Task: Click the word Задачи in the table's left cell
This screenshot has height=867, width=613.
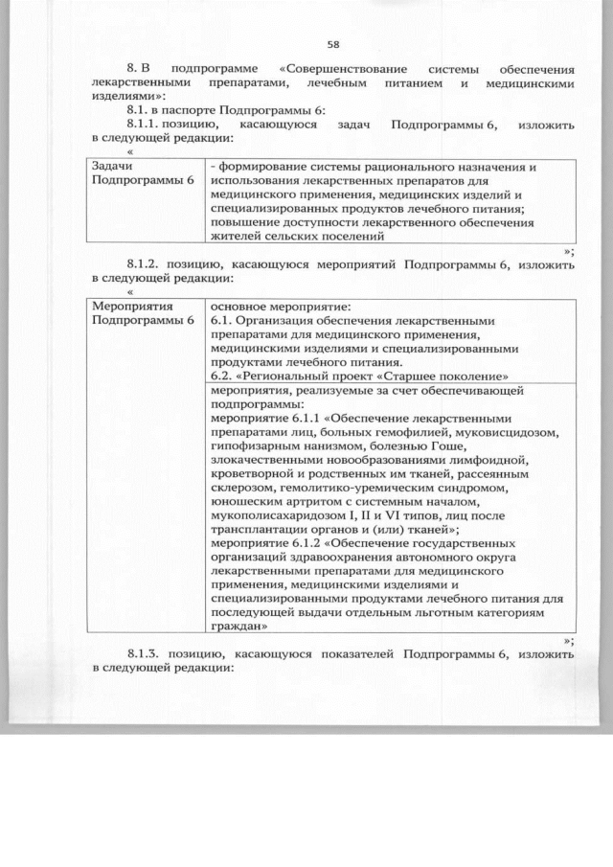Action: (x=111, y=167)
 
